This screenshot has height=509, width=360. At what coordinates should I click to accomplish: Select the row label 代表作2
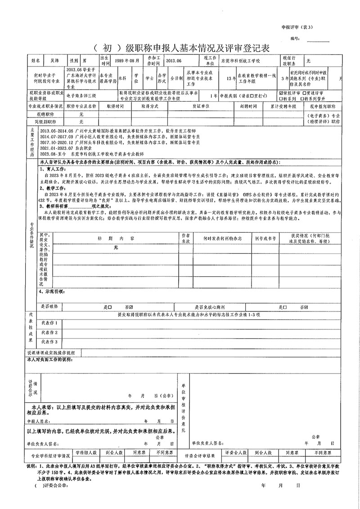pyautogui.click(x=49, y=332)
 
